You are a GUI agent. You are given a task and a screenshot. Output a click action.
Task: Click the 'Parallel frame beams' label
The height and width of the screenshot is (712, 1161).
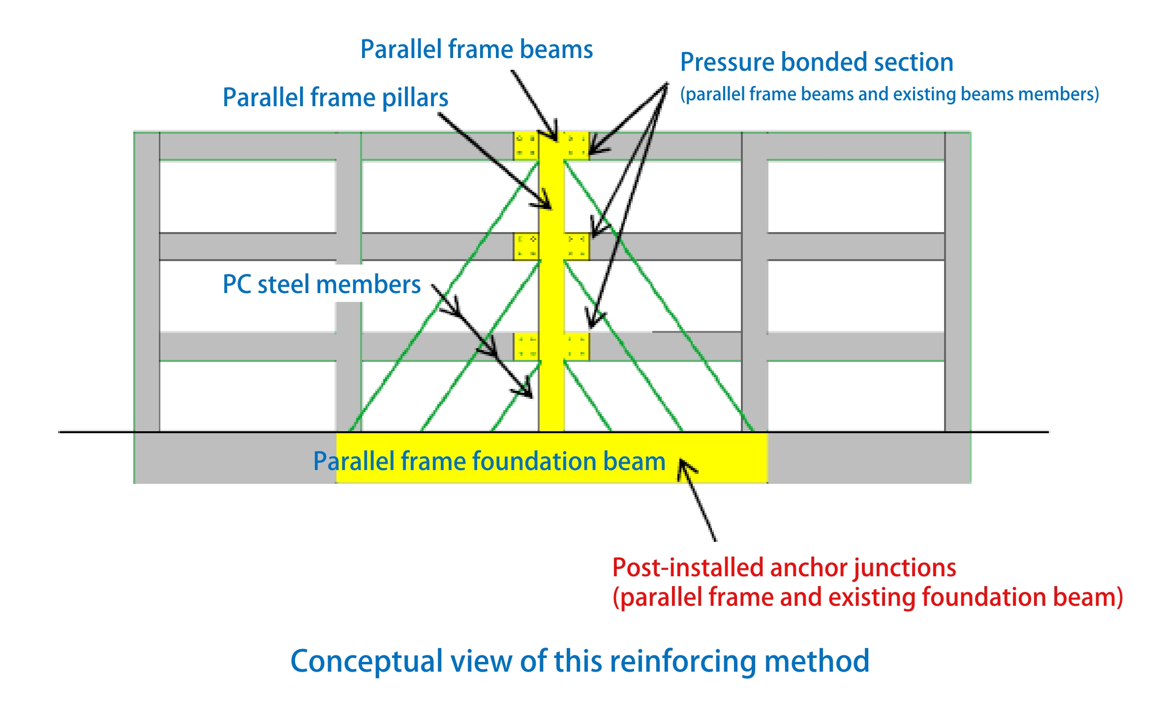point(476,50)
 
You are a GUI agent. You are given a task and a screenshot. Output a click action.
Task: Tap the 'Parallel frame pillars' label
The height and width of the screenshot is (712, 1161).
point(335,97)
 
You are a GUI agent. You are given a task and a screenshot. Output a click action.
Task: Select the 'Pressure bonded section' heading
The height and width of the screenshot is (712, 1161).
point(817,62)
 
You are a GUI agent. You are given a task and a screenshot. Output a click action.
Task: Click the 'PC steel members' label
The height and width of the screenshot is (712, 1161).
point(321,285)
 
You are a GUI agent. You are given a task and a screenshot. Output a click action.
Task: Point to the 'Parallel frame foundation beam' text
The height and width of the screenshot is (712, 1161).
point(489,461)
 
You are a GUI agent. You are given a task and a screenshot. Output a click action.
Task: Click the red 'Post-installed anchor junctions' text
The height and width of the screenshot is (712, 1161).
point(784,567)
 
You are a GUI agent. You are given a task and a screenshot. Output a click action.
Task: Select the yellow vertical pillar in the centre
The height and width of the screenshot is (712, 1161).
point(551,295)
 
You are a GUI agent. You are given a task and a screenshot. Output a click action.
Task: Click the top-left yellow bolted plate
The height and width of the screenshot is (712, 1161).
point(526,146)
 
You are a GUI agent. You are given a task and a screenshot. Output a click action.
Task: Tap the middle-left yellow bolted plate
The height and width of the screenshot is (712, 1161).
point(526,246)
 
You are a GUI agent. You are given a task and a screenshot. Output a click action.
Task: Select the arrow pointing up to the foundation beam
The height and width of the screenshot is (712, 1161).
point(697,499)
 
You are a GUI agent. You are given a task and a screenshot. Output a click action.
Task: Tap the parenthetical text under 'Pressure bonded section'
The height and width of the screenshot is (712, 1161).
point(889,94)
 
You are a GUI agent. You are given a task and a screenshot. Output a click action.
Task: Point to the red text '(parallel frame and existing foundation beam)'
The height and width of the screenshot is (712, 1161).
point(867,597)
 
